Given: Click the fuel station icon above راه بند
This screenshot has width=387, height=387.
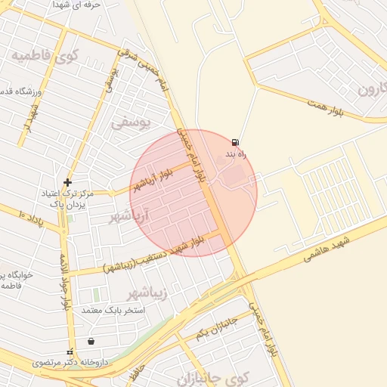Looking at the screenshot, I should pyautogui.click(x=236, y=142).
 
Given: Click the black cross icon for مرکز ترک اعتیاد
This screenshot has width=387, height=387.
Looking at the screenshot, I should pyautogui.click(x=68, y=182).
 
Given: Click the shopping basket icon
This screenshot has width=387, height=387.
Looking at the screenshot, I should pyautogui.click(x=91, y=341).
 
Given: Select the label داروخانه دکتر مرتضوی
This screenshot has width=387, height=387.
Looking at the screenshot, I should pyautogui.click(x=71, y=363).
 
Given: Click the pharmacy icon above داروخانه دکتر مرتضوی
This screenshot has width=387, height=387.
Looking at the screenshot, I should pyautogui.click(x=70, y=351).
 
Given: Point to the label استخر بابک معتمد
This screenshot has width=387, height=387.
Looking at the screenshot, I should pyautogui.click(x=107, y=310).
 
